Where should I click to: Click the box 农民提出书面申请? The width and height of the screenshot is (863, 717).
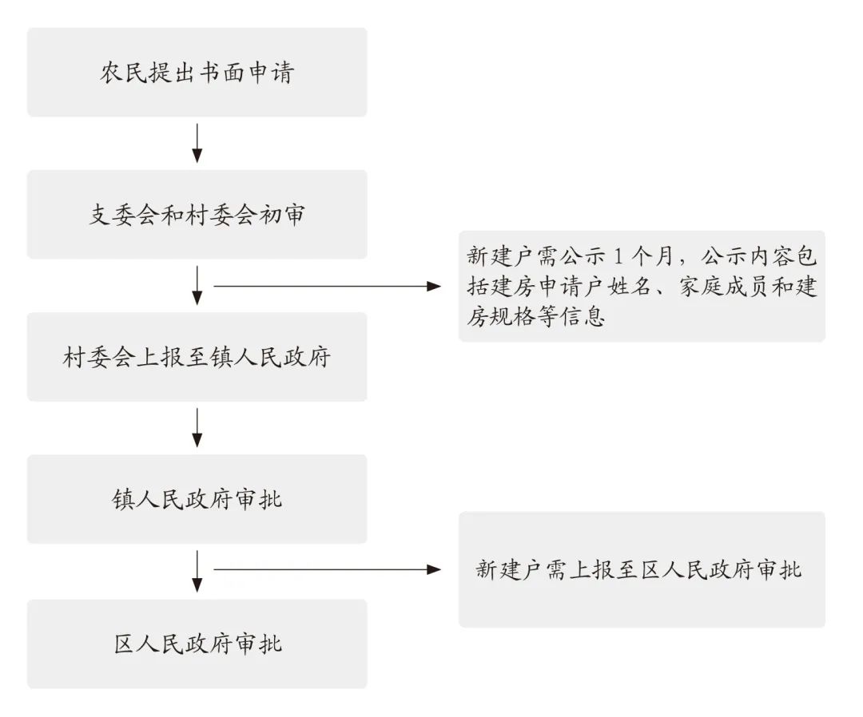tap(197, 72)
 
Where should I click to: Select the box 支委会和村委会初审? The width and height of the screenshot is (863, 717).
tap(197, 215)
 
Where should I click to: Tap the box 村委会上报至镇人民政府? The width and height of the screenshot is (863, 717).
tap(197, 357)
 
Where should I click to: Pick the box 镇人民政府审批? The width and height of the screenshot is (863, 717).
tap(197, 499)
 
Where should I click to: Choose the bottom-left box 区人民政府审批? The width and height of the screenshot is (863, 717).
tap(197, 644)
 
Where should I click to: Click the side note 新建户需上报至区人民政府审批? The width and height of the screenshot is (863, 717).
tap(642, 569)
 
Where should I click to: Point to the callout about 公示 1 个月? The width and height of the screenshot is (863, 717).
tap(642, 287)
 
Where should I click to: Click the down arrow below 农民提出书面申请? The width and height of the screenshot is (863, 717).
tap(197, 144)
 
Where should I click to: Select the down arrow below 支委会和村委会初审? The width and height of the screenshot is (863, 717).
tap(197, 286)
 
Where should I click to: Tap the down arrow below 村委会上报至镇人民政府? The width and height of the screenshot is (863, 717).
tap(197, 428)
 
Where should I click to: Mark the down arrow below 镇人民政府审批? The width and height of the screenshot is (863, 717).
tap(197, 572)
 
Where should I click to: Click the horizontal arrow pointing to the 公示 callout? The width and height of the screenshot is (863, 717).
tap(328, 286)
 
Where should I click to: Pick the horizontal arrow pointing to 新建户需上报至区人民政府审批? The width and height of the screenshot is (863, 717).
tap(328, 569)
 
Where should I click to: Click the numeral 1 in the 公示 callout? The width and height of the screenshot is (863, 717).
tap(618, 256)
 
